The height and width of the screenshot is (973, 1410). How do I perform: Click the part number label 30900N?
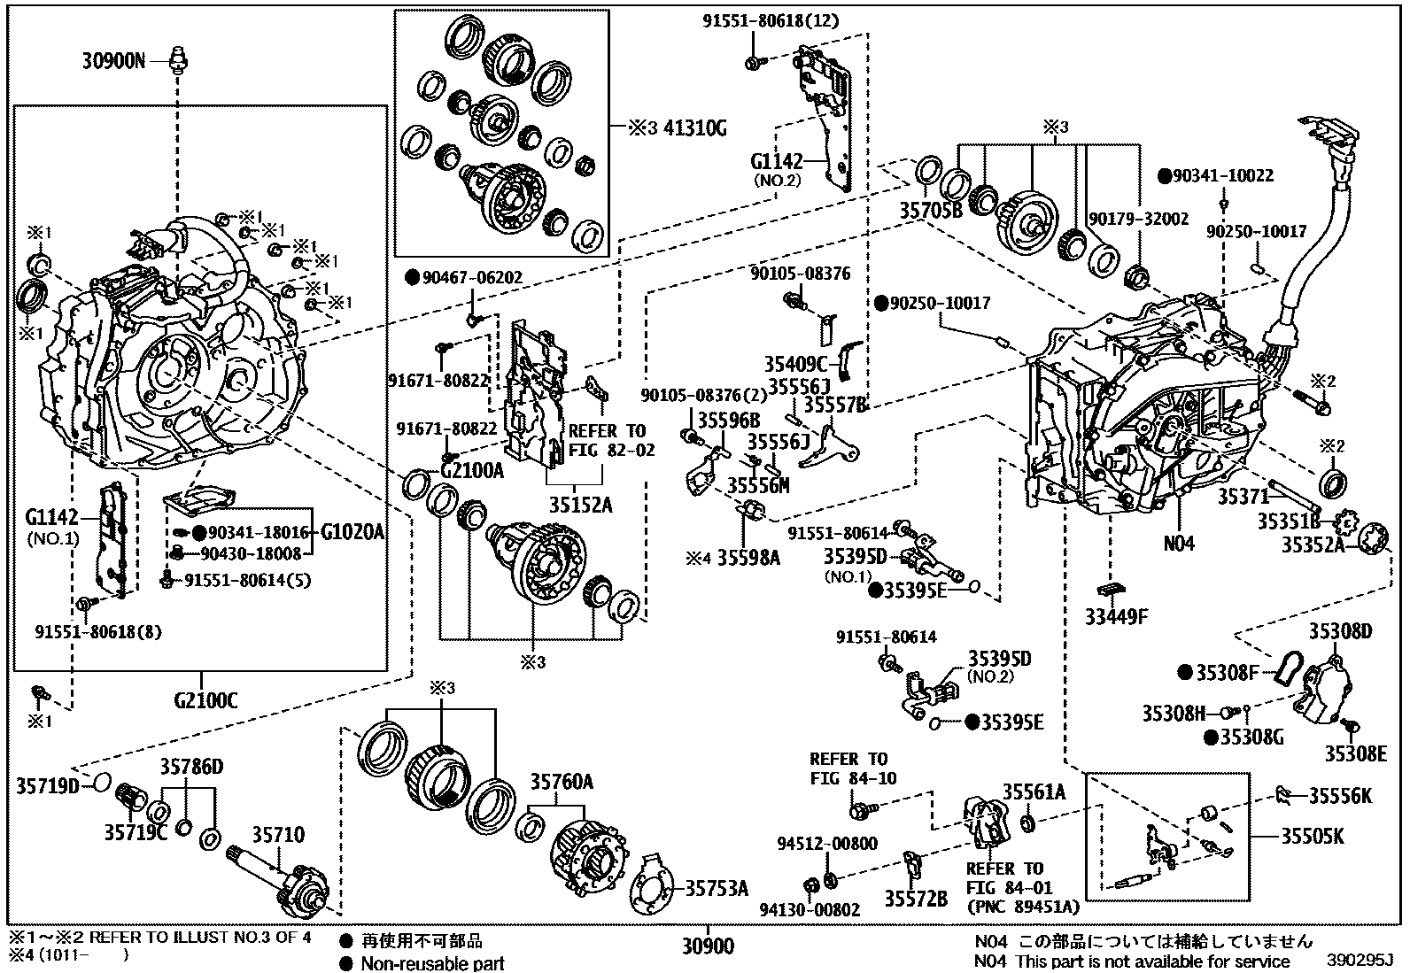point(113,61)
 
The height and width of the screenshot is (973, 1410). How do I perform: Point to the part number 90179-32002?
point(1138,218)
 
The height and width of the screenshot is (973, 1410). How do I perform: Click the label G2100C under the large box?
point(205,701)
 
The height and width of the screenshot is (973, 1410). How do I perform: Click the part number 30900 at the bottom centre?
point(708,947)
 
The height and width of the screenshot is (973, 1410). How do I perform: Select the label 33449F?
point(1116,616)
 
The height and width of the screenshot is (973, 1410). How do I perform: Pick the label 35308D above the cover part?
point(1341,631)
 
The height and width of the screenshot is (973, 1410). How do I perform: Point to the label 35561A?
point(1034,792)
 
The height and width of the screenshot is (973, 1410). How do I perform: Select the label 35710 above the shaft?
point(278,835)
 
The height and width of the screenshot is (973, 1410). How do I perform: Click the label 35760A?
point(562,782)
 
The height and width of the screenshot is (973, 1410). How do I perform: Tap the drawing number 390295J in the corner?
point(1360,960)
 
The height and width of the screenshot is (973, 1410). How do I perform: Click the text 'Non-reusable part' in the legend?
point(432,963)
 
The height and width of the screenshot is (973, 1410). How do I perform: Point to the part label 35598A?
point(748,558)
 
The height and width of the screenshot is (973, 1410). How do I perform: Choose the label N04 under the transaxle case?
point(1179,543)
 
